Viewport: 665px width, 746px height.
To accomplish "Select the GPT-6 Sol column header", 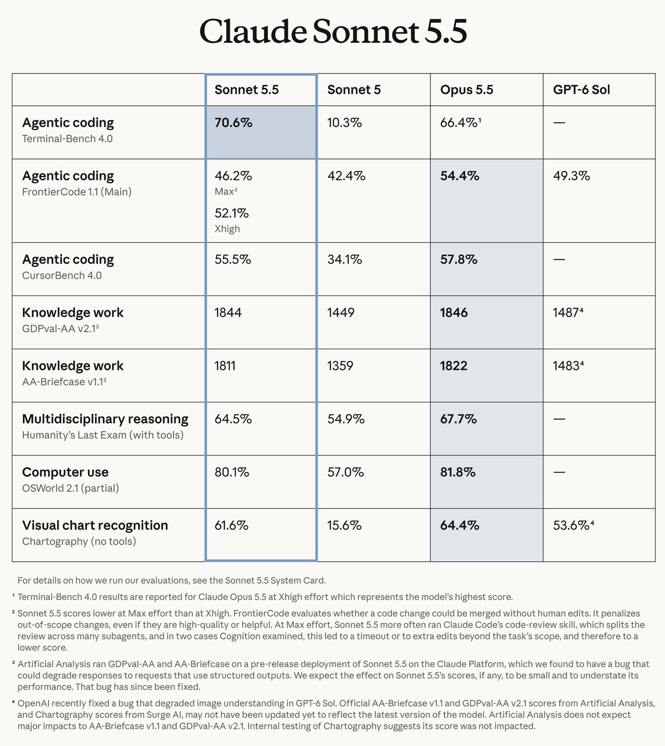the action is click(582, 90).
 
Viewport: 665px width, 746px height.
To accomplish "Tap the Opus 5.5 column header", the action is click(466, 90).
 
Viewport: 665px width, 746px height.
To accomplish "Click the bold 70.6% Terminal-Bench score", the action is click(234, 123).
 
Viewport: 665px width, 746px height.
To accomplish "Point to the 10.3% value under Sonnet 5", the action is click(344, 123).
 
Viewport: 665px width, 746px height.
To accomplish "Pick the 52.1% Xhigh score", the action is click(232, 213).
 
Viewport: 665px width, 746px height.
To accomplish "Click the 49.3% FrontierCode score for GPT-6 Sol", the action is click(572, 176).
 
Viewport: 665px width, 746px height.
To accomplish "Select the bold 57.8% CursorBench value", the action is click(459, 260).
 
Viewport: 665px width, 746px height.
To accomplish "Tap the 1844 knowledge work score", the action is click(228, 312).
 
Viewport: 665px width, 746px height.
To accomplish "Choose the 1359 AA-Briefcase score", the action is click(340, 366).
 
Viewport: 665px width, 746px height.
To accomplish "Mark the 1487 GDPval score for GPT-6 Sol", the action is click(568, 312).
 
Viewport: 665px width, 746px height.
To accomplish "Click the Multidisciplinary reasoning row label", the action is click(105, 419).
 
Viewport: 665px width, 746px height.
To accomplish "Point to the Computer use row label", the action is click(65, 472).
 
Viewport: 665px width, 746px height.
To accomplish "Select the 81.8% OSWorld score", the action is click(458, 472).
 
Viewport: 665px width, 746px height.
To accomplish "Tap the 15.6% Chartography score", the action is click(344, 525).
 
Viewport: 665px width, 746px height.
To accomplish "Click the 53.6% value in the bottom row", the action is click(573, 525).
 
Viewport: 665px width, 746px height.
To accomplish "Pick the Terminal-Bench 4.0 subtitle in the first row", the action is click(68, 139).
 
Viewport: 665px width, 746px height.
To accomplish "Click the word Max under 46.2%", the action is click(224, 192).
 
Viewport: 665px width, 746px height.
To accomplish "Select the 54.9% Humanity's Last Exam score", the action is click(346, 419).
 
